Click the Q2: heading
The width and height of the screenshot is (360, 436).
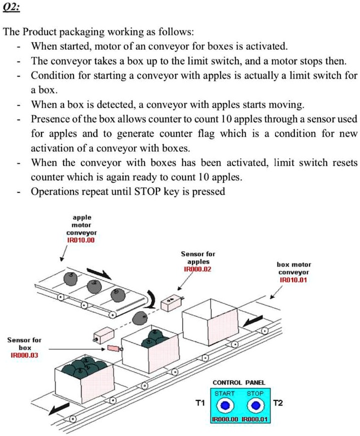(12, 9)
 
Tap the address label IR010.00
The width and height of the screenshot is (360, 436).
(81, 240)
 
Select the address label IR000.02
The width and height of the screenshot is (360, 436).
(198, 269)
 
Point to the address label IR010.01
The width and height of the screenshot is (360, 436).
(293, 280)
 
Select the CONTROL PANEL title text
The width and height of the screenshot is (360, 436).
(238, 382)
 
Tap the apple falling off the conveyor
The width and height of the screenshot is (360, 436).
(139, 317)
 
